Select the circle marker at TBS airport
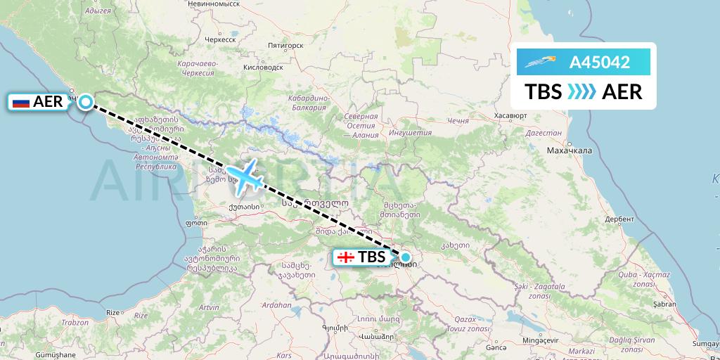[x=406, y=257]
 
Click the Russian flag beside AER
[x=21, y=103]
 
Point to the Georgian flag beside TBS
[x=345, y=257]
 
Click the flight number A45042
[x=599, y=62]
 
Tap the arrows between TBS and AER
[x=581, y=92]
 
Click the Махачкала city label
[x=570, y=150]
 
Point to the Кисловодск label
[x=260, y=67]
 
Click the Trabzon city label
[x=74, y=323]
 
